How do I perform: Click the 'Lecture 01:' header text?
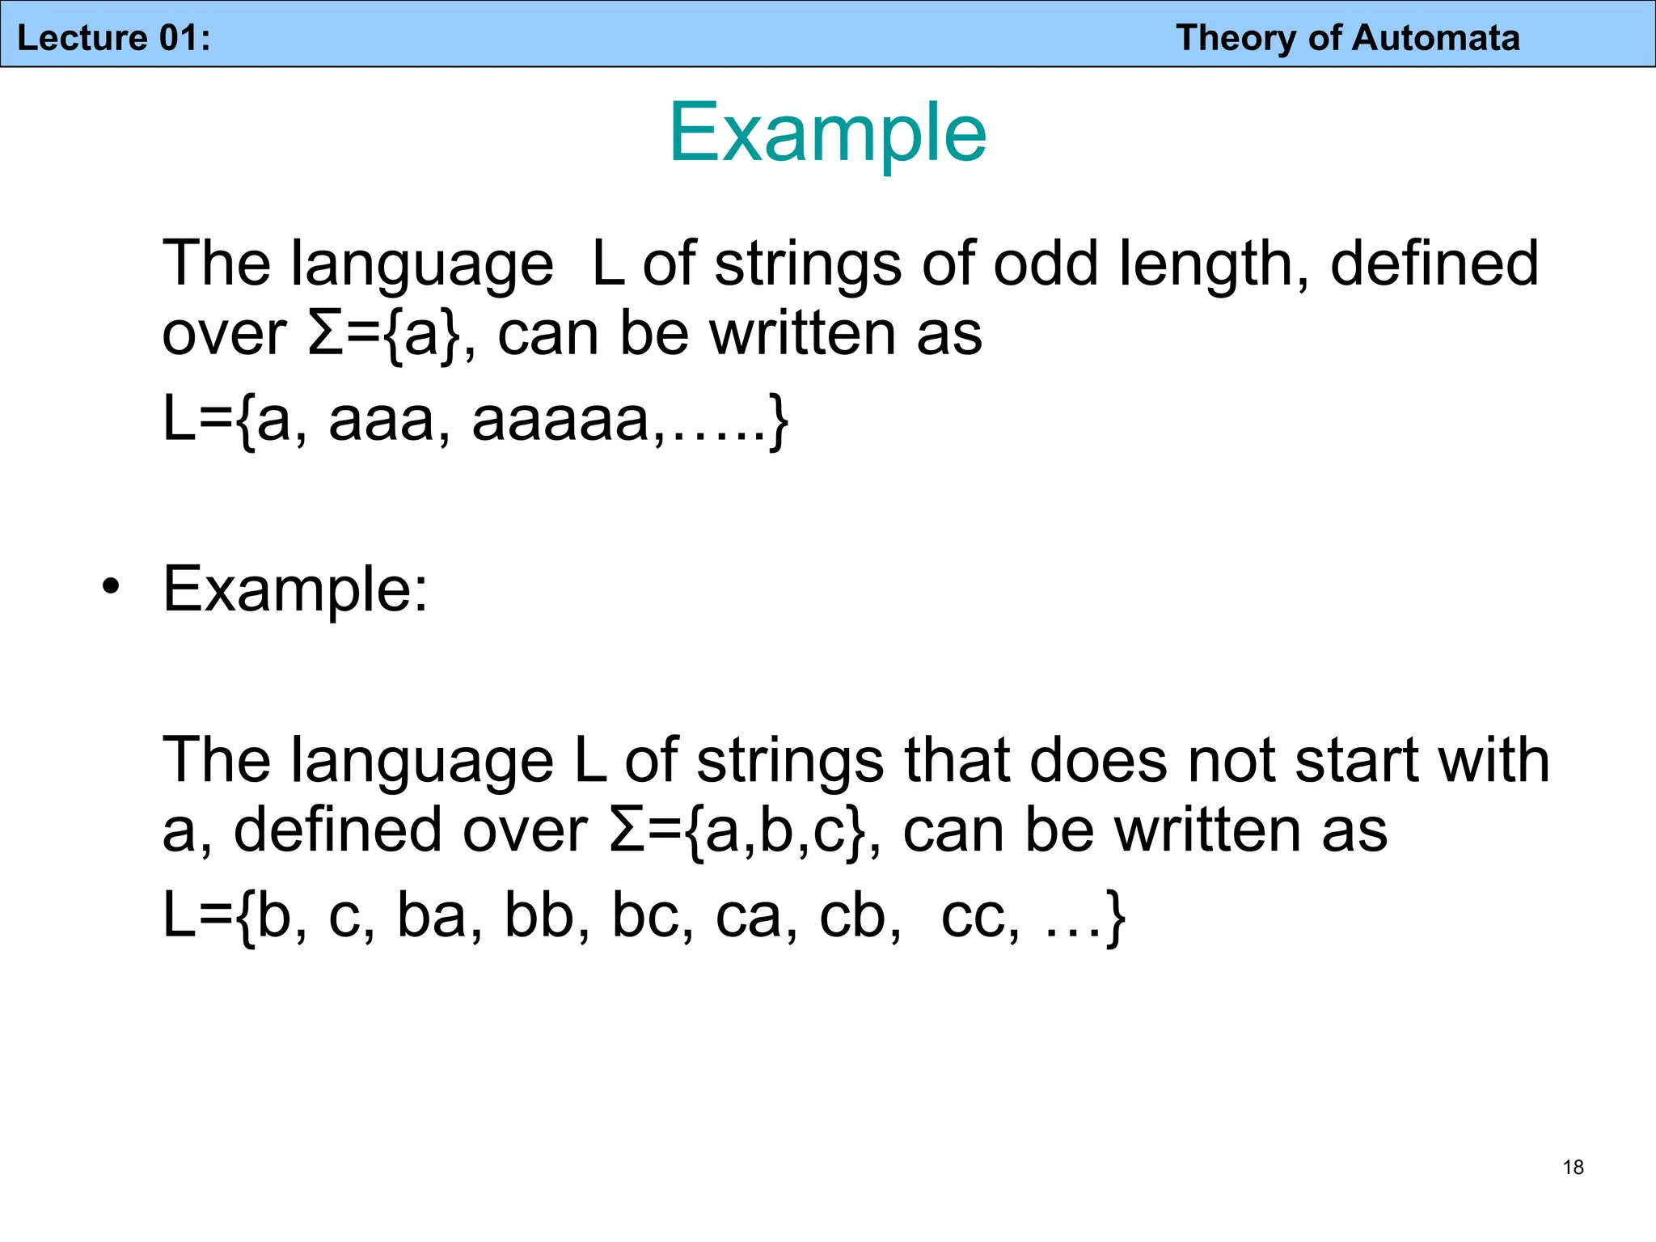114,38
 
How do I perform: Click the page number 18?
1573,1167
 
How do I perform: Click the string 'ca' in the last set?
748,917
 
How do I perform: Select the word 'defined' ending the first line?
1434,264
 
